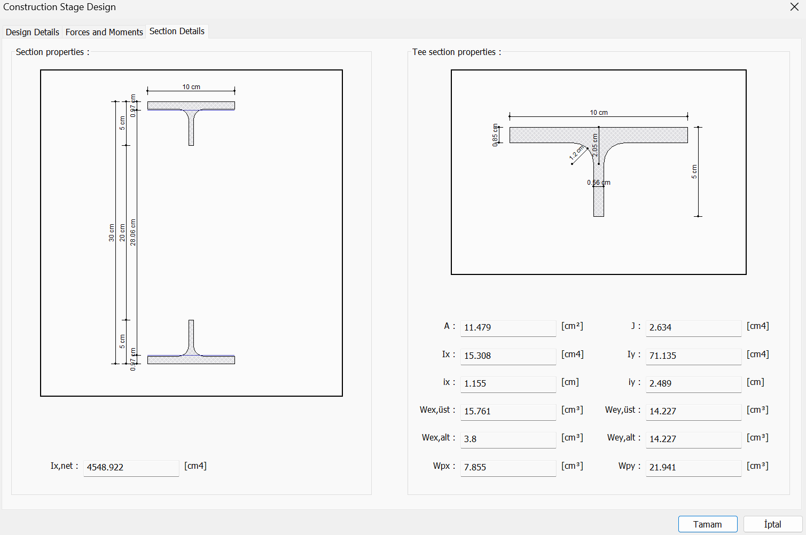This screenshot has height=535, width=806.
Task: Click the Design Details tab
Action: [x=32, y=32]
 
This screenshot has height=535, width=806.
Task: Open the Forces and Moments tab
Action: [x=104, y=32]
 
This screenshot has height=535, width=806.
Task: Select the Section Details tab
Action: [x=177, y=31]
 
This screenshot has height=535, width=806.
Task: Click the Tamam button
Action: [x=707, y=524]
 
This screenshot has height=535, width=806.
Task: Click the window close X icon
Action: [x=794, y=7]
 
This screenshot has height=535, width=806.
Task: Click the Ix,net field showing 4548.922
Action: [x=131, y=467]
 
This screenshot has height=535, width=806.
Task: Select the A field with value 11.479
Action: [x=507, y=327]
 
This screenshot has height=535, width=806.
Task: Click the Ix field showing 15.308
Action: [x=507, y=356]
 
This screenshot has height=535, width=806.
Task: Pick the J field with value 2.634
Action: [x=693, y=327]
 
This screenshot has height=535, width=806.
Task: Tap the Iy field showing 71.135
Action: [x=693, y=356]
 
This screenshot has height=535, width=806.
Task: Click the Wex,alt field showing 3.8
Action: [x=507, y=439]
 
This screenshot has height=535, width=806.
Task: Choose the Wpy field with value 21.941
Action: [x=693, y=467]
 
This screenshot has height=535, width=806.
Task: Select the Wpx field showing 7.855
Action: [x=507, y=467]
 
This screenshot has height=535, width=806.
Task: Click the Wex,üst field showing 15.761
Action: [x=507, y=411]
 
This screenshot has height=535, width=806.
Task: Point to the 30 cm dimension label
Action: [x=112, y=233]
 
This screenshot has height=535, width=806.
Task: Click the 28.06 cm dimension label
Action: [x=133, y=232]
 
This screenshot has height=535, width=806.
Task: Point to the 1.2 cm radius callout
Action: [x=576, y=153]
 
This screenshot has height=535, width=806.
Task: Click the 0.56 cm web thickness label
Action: [x=598, y=183]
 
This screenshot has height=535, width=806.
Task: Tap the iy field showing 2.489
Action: [x=693, y=383]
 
